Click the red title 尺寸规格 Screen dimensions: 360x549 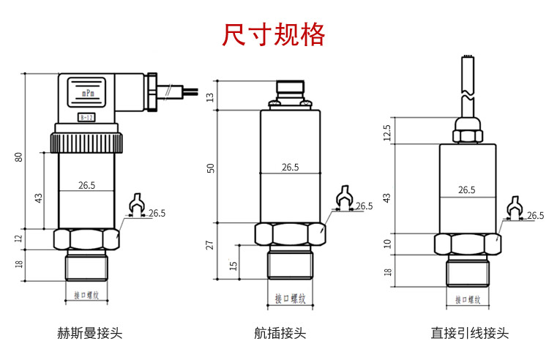[x=274, y=34]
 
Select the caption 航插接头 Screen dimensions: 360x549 [x=280, y=334]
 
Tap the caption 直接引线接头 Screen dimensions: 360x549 [x=469, y=334]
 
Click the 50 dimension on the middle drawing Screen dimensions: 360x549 [x=212, y=168]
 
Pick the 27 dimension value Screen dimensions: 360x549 [x=212, y=245]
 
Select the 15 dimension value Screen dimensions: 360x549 [x=234, y=265]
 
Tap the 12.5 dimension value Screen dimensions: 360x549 [x=387, y=132]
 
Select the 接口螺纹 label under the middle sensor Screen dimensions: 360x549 [x=289, y=299]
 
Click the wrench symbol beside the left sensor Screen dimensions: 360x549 [x=135, y=205]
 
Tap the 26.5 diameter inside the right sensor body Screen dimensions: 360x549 [x=466, y=190]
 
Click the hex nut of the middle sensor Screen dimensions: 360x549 [x=289, y=234]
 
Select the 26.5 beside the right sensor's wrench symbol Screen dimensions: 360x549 [x=536, y=215]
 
